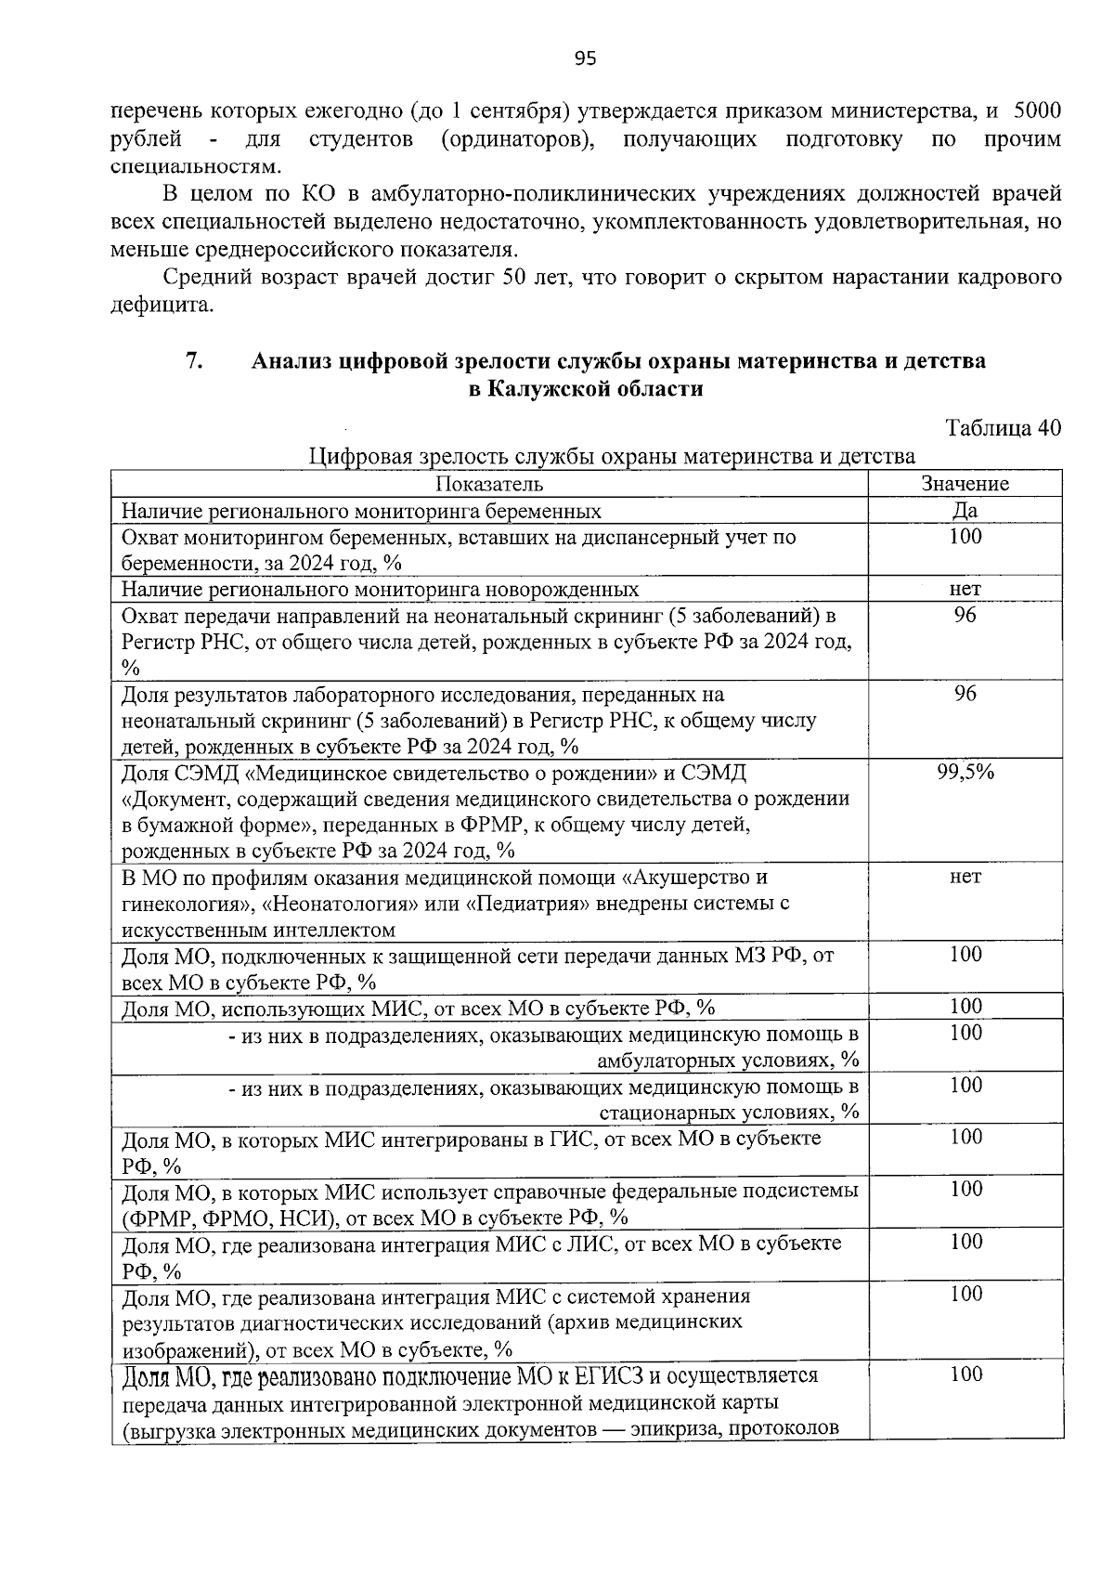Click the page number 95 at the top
pyautogui.click(x=585, y=59)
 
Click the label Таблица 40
pyautogui.click(x=1002, y=428)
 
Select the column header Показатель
pyautogui.click(x=489, y=484)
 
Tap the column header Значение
pyautogui.click(x=965, y=484)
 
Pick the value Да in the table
pyautogui.click(x=965, y=511)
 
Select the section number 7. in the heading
pyautogui.click(x=194, y=360)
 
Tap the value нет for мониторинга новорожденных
pyautogui.click(x=965, y=589)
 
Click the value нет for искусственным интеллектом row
pyautogui.click(x=965, y=877)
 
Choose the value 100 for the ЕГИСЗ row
pyautogui.click(x=965, y=1374)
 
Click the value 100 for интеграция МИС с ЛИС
pyautogui.click(x=965, y=1242)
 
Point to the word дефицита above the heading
pyautogui.click(x=162, y=305)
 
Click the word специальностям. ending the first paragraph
pyautogui.click(x=194, y=168)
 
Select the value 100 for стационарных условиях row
pyautogui.click(x=965, y=1086)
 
